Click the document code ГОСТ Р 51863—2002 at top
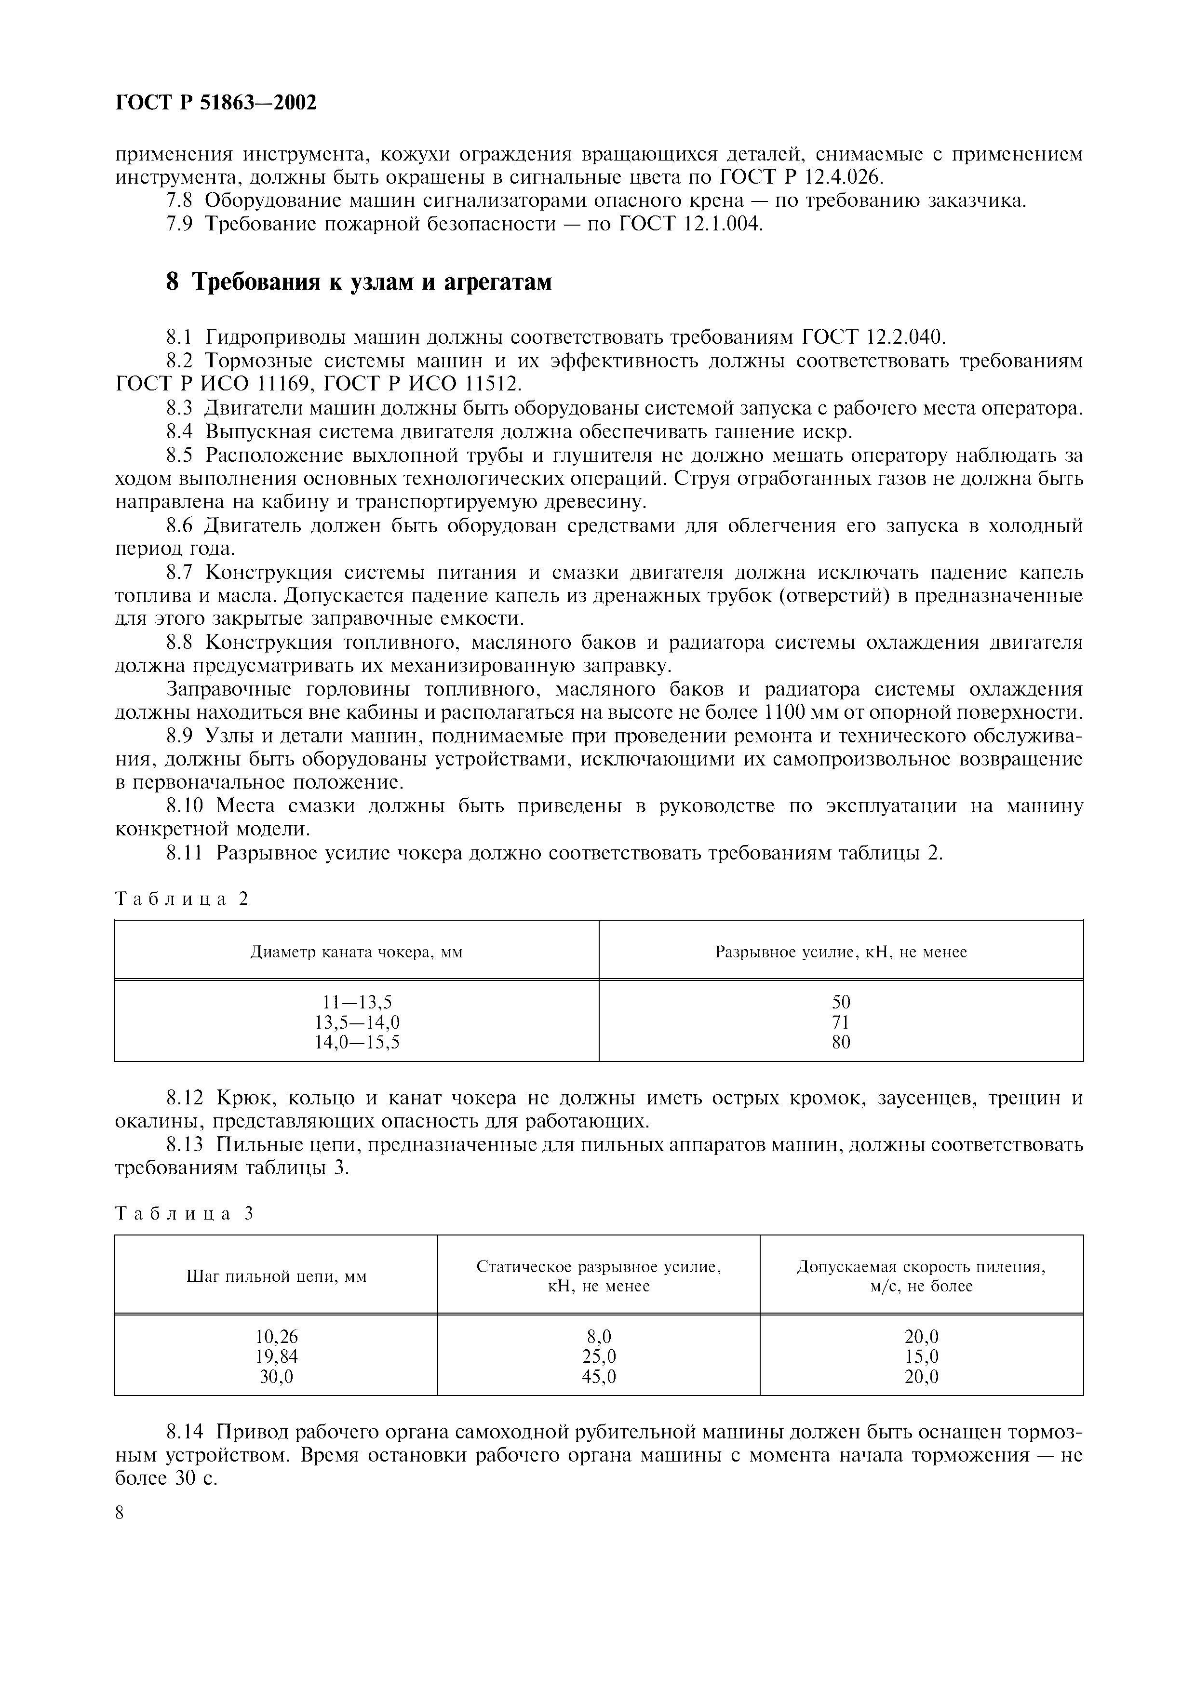pos(216,103)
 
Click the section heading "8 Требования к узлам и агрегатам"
pos(359,282)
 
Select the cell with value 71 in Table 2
pos(840,1022)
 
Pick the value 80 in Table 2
pos(840,1042)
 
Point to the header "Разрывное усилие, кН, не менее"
pos(840,953)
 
